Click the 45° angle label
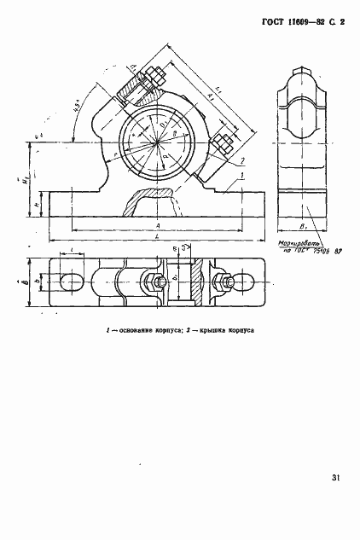tap(78, 109)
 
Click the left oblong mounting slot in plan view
tap(72, 282)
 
